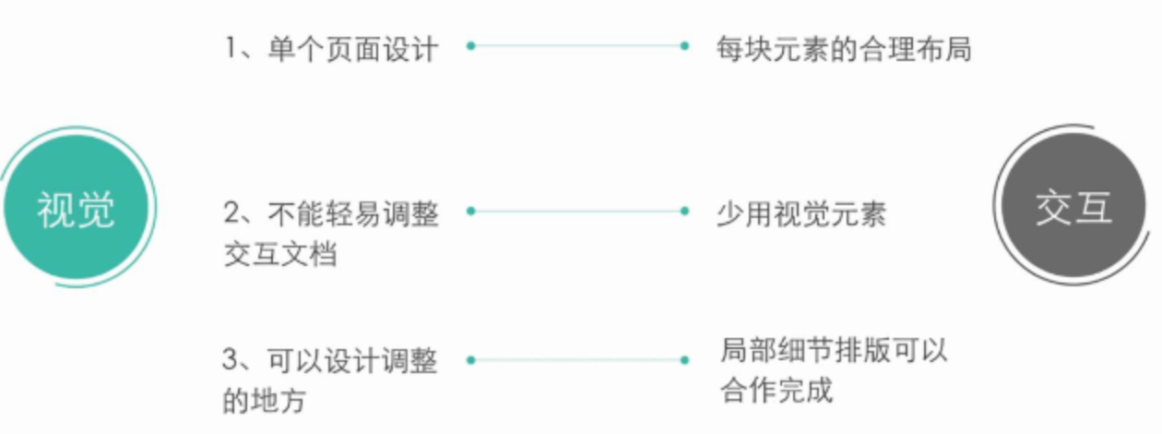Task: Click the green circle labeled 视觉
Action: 76,209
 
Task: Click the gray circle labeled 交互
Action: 1073,208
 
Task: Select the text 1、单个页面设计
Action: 331,47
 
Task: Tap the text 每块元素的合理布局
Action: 843,47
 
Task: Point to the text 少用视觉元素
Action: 800,213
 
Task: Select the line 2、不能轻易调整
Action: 331,213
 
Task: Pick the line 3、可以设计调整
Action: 330,361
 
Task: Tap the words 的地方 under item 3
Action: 265,402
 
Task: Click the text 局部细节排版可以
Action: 834,351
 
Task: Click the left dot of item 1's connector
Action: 470,44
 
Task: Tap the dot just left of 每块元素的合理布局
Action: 684,44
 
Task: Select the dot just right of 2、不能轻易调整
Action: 470,211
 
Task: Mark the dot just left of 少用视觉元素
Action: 684,211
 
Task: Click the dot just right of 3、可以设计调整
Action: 470,359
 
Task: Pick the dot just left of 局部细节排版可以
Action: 684,359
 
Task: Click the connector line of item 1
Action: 577,44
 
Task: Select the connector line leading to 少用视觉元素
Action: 577,211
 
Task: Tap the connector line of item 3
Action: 577,359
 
